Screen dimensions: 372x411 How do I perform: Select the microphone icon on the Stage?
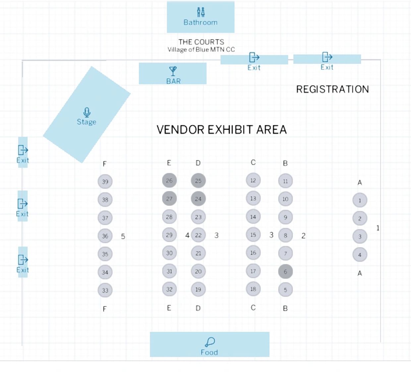click(x=87, y=112)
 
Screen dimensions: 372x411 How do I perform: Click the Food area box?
click(x=209, y=344)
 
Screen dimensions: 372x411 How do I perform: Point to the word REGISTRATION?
click(x=332, y=89)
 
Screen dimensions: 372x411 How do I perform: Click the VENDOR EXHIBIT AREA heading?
click(x=221, y=130)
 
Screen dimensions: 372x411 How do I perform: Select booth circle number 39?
click(x=105, y=182)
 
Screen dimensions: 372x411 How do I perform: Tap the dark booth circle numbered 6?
click(x=285, y=272)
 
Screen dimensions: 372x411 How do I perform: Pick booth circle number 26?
click(x=169, y=181)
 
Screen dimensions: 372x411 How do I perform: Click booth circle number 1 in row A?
click(x=360, y=200)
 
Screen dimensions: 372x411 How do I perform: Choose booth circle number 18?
click(x=253, y=289)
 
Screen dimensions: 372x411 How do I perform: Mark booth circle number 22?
click(x=198, y=235)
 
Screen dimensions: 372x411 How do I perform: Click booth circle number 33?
click(x=105, y=290)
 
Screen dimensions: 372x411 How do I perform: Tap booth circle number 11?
click(x=285, y=181)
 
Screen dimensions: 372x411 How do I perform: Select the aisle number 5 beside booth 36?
click(x=123, y=236)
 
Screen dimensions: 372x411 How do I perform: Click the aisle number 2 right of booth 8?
click(x=303, y=236)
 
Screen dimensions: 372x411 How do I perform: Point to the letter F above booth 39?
click(x=105, y=164)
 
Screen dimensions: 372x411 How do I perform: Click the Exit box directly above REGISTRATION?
click(x=327, y=60)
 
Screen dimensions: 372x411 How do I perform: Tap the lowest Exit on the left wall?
click(x=23, y=262)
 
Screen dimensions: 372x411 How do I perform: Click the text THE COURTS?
click(x=201, y=42)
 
